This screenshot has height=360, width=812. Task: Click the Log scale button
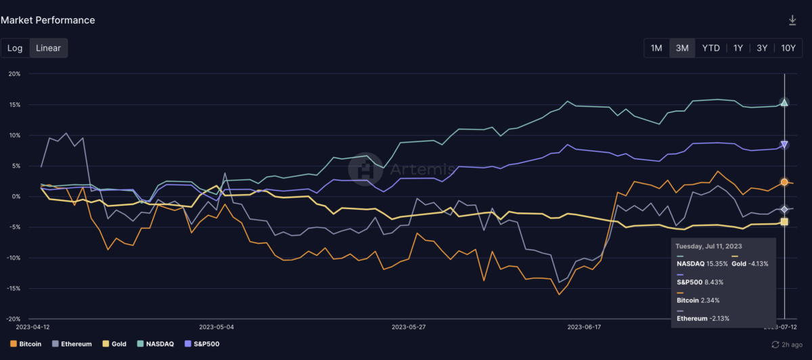15,48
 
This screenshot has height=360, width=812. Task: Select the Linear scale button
48,48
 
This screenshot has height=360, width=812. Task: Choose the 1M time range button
656,48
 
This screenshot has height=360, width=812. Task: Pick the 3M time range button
682,48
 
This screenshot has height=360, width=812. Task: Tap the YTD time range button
710,48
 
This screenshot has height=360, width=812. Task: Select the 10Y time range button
788,48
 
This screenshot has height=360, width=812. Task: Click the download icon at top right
792,20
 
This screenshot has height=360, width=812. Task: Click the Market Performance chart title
47,20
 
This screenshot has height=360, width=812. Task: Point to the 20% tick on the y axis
14,74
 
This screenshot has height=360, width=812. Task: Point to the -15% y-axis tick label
13,288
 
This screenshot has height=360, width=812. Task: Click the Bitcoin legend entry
26,344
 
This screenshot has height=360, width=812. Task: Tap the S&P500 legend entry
204,344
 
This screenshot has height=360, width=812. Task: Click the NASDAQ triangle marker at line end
784,102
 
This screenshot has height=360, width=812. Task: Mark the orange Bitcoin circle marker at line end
784,182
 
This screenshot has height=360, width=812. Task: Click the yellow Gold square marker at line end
784,221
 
